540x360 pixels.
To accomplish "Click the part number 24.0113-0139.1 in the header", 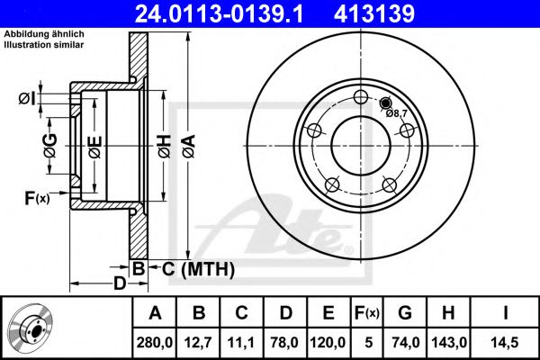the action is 219,14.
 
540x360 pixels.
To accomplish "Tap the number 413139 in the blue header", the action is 374,14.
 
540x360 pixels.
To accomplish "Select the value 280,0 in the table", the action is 154,343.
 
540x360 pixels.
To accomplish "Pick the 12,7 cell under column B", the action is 198,343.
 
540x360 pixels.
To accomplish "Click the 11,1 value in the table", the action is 241,343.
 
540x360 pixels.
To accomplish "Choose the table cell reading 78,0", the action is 284,343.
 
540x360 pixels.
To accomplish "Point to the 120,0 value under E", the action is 328,343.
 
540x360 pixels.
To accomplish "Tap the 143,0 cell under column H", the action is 449,343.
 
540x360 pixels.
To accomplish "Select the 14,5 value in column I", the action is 505,343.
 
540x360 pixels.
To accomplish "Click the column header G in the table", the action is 405,313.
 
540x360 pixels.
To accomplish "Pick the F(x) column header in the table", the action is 367,313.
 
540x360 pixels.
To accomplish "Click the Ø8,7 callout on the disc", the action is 397,113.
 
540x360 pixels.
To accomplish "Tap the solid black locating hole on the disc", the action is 385,103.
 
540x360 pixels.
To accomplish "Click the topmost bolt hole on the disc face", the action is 361,97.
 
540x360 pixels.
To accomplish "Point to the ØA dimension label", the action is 189,147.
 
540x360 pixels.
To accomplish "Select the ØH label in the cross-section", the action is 165,147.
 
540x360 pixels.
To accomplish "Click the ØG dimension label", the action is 50,146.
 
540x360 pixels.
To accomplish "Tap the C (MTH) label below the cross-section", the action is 198,269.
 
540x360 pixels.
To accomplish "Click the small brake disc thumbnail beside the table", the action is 31,328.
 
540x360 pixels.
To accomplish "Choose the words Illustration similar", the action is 44,45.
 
